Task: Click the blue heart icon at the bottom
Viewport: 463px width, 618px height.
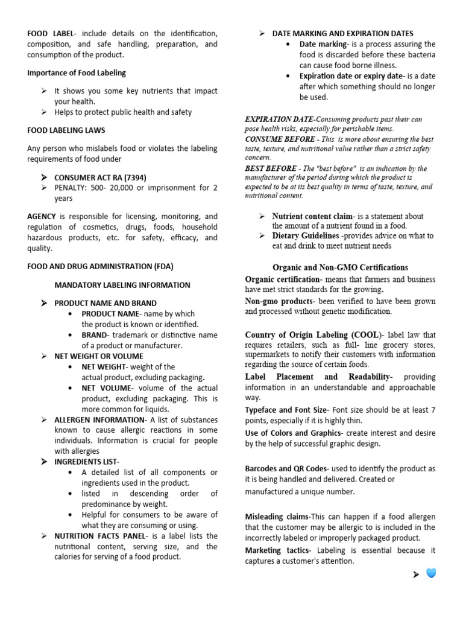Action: pyautogui.click(x=431, y=573)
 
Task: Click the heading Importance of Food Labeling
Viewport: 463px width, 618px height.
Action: pyautogui.click(x=77, y=73)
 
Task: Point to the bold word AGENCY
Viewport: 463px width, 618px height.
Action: pyautogui.click(x=42, y=216)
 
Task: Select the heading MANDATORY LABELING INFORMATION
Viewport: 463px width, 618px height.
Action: pyautogui.click(x=122, y=285)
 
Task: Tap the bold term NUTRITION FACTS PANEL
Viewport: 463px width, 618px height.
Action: pyautogui.click(x=100, y=536)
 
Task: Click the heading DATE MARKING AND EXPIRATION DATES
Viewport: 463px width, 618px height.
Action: pyautogui.click(x=342, y=34)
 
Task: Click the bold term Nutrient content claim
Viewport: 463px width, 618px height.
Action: pyautogui.click(x=311, y=216)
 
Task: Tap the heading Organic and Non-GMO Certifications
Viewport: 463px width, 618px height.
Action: pyautogui.click(x=340, y=267)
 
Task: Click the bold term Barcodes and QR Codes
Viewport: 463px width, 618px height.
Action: pyautogui.click(x=286, y=468)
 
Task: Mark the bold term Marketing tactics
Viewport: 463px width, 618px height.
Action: pyautogui.click(x=277, y=550)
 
